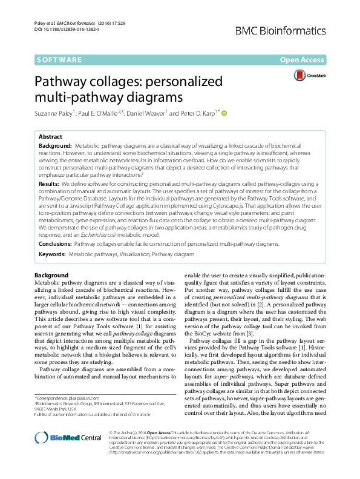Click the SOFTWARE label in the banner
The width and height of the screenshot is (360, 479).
59,60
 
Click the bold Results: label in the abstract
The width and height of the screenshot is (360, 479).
49,183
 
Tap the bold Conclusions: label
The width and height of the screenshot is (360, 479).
55,243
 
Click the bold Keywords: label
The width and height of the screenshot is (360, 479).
52,256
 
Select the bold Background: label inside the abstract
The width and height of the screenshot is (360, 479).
54,147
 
